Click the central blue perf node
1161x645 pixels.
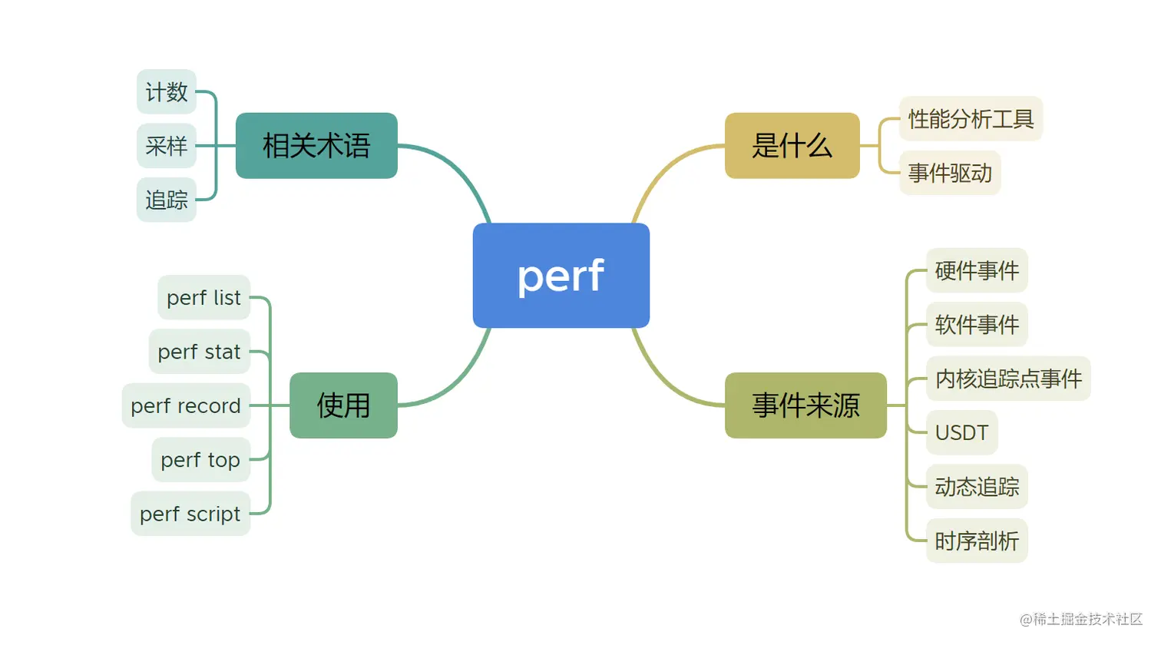coord(561,276)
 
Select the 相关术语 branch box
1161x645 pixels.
coord(316,146)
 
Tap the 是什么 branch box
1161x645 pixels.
coord(792,146)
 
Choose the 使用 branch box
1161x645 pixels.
coord(343,405)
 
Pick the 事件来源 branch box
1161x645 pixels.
coord(805,405)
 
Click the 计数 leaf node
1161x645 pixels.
coord(167,92)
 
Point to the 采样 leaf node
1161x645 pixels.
coord(167,146)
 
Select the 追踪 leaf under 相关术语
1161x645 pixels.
coord(167,200)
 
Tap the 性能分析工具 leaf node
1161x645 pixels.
coord(971,119)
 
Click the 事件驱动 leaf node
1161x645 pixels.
coord(950,174)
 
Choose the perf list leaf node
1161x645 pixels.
coord(203,298)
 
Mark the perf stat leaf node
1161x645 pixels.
coord(200,352)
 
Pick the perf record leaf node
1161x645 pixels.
coord(186,405)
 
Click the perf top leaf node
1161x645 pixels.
coord(200,460)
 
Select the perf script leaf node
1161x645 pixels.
coord(190,514)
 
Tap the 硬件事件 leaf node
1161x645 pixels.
coord(977,271)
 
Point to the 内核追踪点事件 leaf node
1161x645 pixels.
coord(1008,379)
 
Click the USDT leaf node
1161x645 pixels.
coord(961,433)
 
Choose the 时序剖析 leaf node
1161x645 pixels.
coord(977,541)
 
